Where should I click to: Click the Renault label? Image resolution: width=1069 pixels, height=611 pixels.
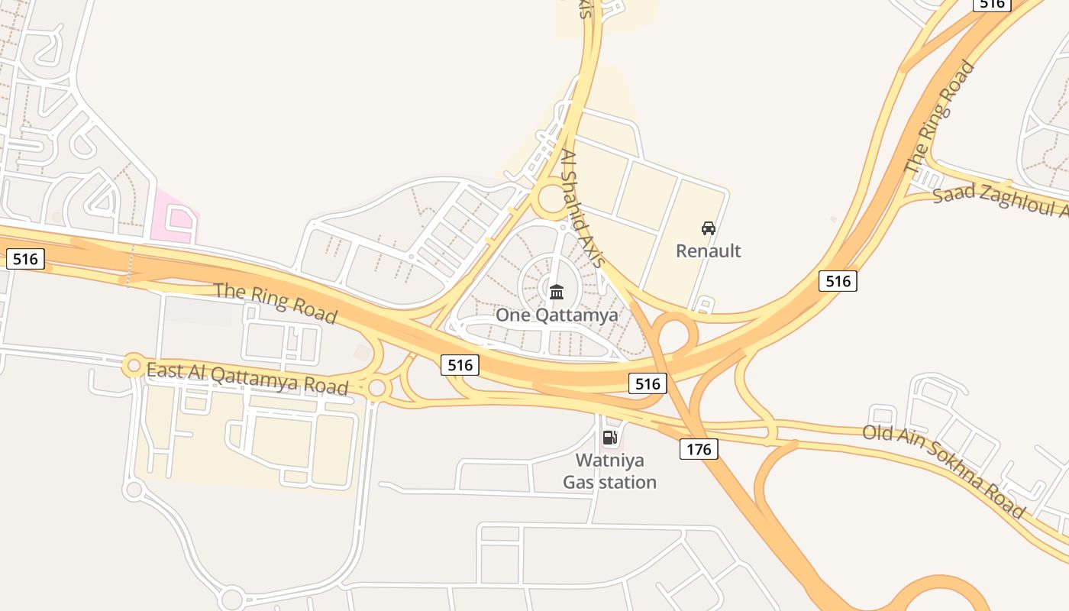click(x=709, y=251)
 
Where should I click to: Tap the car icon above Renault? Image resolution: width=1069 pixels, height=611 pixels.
click(x=709, y=228)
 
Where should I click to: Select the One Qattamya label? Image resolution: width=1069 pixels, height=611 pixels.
click(x=557, y=315)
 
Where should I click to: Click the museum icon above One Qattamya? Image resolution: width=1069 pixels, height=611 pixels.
click(x=557, y=291)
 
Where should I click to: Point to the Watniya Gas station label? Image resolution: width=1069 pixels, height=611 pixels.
click(x=609, y=471)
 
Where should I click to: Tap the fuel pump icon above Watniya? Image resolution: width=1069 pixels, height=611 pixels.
click(x=609, y=437)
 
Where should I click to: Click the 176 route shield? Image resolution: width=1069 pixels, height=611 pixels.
click(x=699, y=449)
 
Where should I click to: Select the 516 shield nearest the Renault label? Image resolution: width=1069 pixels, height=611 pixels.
click(x=838, y=281)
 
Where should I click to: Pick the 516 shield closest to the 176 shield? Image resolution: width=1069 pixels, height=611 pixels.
click(x=648, y=383)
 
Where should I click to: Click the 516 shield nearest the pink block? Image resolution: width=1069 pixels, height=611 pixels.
click(x=25, y=259)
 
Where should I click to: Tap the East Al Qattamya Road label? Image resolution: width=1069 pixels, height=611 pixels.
click(x=247, y=379)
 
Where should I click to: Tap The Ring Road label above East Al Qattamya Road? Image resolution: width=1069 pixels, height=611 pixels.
click(x=275, y=302)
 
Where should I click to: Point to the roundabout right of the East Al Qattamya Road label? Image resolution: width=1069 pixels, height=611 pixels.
click(x=376, y=388)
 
